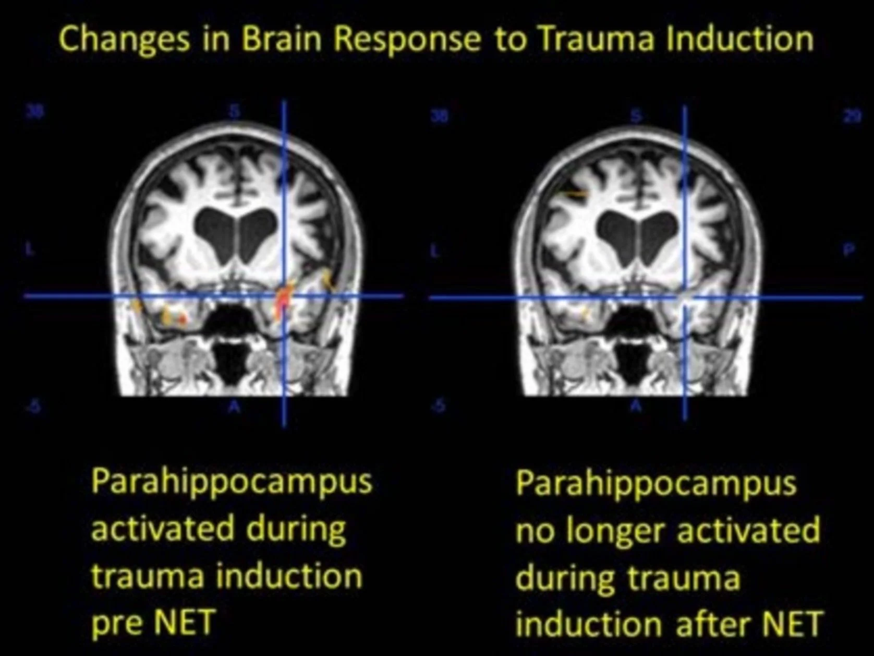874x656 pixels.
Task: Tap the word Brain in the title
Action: click(281, 39)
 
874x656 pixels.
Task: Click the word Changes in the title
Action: click(124, 40)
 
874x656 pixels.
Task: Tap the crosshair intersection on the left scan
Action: click(284, 296)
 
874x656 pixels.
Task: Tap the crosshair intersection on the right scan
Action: click(685, 297)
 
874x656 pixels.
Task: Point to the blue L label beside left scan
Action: click(29, 249)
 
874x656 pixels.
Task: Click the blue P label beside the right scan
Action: click(849, 250)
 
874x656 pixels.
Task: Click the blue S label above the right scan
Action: click(636, 116)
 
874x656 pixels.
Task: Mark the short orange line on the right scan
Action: click(576, 194)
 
